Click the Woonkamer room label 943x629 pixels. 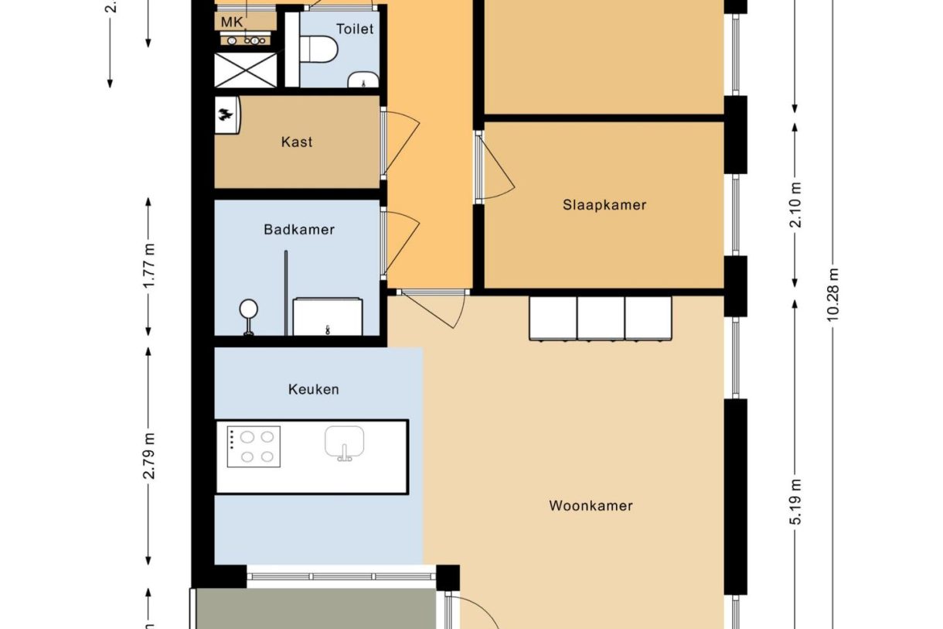591,506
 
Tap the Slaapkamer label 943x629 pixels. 604,205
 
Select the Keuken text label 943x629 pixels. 313,389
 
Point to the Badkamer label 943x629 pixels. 298,230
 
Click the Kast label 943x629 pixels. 297,142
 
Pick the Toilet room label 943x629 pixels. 355,29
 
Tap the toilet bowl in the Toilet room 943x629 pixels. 318,50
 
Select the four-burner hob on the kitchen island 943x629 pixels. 254,447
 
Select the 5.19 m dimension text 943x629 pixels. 796,501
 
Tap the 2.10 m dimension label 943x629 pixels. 796,204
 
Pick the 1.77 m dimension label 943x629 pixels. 149,266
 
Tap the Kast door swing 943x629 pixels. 400,142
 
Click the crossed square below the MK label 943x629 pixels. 245,70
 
